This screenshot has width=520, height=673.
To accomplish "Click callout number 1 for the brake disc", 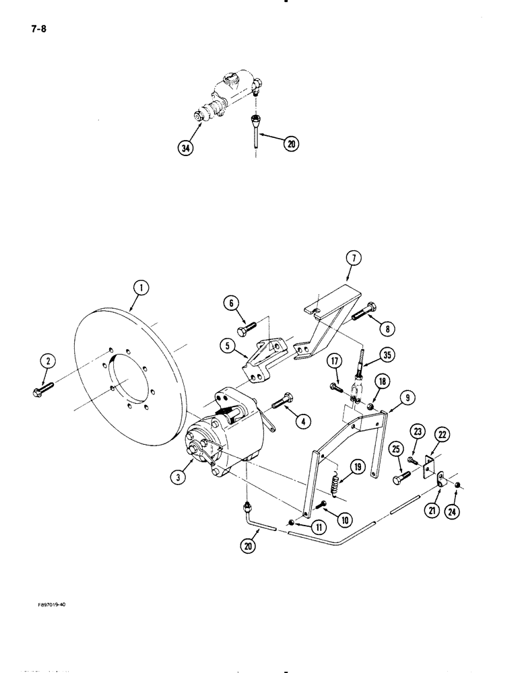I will tap(140, 289).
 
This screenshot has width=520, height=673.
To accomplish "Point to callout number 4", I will tap(304, 422).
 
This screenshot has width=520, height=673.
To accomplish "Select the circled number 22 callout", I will tap(442, 437).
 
